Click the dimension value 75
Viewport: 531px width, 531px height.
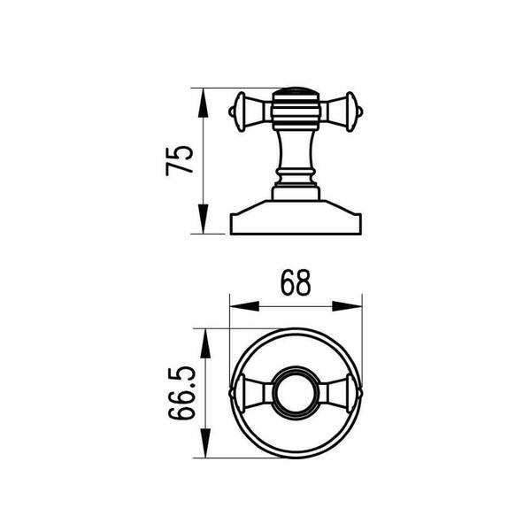click(180, 161)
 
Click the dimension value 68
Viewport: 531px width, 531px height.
click(296, 283)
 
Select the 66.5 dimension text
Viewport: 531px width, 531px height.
click(182, 393)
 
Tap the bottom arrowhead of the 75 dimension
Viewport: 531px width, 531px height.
click(203, 219)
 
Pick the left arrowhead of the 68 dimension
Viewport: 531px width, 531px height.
click(244, 306)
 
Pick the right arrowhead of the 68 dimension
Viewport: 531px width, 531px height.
click(347, 306)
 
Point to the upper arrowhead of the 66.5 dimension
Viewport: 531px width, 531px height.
click(205, 343)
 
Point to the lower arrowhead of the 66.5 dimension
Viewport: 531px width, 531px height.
click(205, 443)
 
